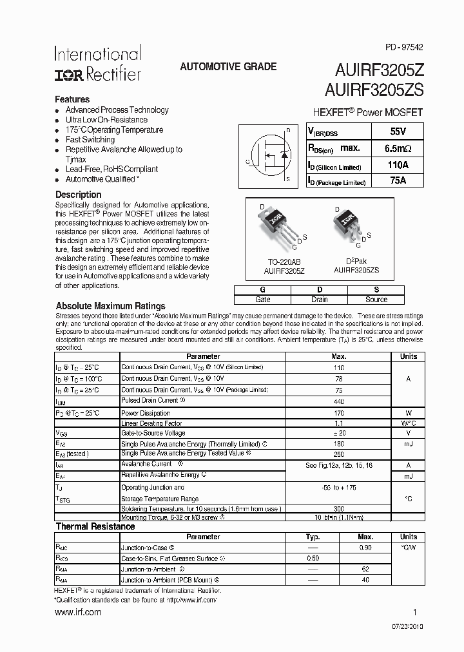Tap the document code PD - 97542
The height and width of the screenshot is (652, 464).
(405, 47)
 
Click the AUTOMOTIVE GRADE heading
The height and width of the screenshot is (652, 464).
(228, 66)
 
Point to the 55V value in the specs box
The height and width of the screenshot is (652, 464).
(397, 131)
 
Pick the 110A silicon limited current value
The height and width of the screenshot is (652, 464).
(397, 165)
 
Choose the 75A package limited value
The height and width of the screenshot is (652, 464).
(397, 181)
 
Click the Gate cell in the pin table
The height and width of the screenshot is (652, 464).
(263, 300)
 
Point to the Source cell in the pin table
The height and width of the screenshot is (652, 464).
(376, 300)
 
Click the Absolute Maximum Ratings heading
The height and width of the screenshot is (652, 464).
(110, 306)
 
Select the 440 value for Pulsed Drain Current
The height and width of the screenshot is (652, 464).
(338, 401)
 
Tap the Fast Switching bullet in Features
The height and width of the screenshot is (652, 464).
(90, 140)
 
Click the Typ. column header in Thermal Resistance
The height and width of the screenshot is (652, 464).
(313, 537)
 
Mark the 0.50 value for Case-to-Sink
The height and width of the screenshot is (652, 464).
(313, 558)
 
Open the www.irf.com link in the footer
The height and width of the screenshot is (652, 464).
(77, 613)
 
